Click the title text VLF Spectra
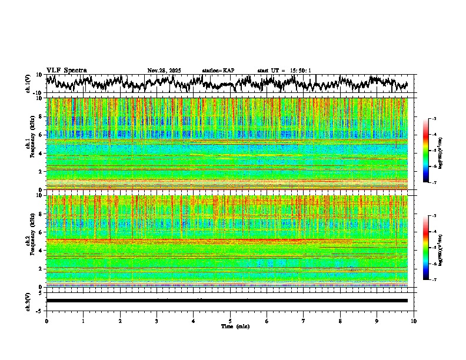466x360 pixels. coord(66,71)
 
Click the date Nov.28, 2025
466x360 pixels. coord(164,71)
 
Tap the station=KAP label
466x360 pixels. coord(218,71)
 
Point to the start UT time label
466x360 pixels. coord(284,71)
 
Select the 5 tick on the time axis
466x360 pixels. coord(230,321)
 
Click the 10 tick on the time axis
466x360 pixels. coord(414,321)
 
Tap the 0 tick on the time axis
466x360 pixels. coord(46,321)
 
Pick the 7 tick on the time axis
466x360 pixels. coord(304,321)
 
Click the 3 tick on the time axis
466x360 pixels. coord(157,321)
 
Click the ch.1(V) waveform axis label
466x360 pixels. coord(28,84)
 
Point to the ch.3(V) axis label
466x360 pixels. coord(28,301)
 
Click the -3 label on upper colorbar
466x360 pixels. coord(434,119)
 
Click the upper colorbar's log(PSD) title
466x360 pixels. coord(441,151)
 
